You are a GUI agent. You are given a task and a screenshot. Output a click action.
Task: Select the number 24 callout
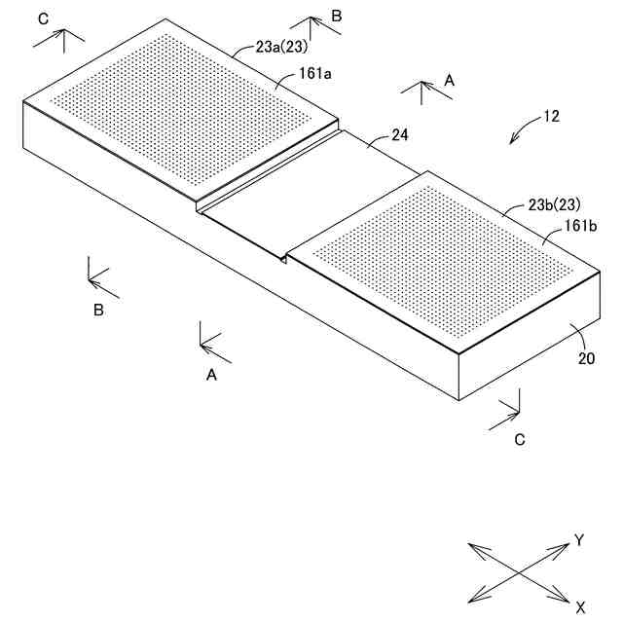[399, 136]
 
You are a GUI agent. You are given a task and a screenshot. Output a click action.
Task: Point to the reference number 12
[551, 116]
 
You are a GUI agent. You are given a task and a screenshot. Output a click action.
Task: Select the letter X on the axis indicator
[580, 607]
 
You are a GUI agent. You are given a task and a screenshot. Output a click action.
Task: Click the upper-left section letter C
[41, 18]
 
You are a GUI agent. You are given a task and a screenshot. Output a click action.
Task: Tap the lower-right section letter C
[520, 439]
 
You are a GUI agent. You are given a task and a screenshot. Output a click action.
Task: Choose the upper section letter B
[336, 16]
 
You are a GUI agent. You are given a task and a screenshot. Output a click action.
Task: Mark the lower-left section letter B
[98, 311]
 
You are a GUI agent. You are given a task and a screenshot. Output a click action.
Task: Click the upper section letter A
[449, 82]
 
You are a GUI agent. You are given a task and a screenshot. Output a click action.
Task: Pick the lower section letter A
[211, 374]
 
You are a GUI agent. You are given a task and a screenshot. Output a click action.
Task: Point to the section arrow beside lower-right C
[509, 412]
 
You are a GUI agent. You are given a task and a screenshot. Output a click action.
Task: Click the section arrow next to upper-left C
[60, 39]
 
